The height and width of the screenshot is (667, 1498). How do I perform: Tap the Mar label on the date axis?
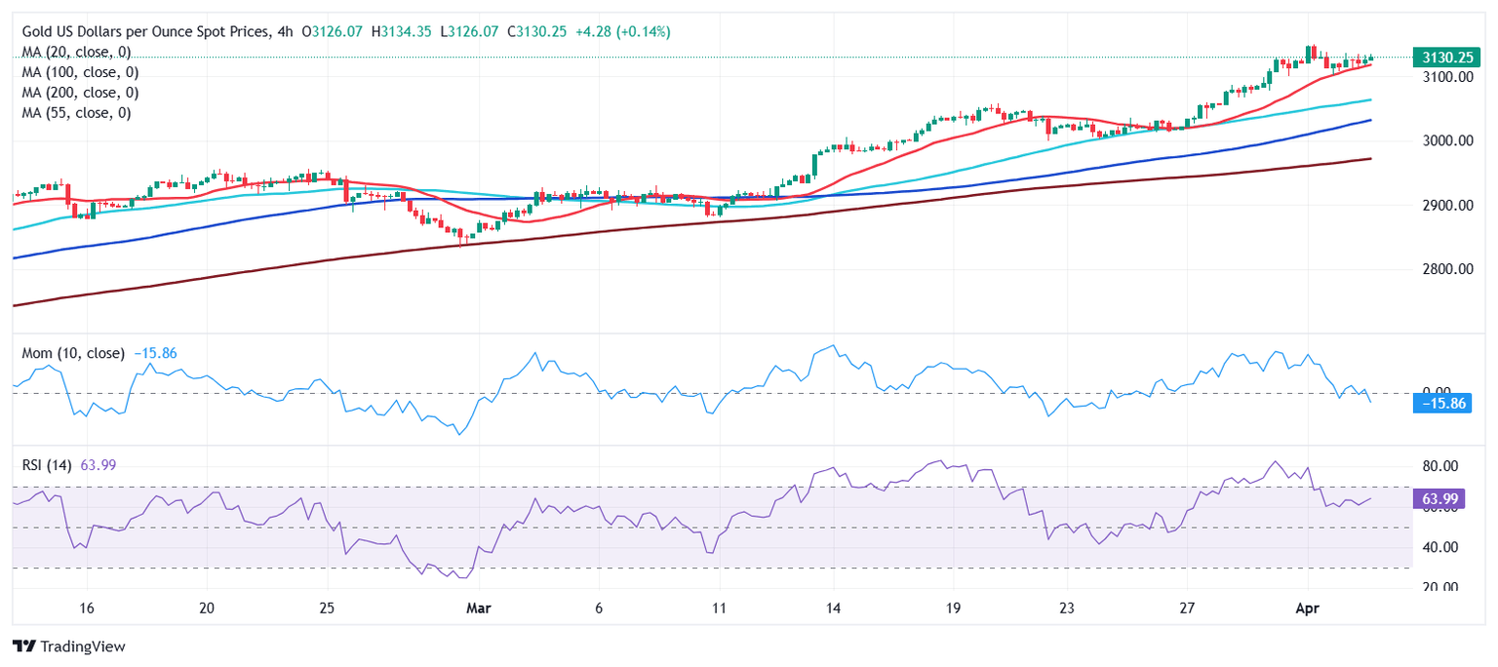479,608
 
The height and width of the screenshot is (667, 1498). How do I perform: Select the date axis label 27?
1186,608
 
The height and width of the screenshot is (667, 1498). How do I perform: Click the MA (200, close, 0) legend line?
80,93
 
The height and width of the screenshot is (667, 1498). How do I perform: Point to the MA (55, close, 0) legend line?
76,113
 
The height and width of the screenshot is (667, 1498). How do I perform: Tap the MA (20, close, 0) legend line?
76,52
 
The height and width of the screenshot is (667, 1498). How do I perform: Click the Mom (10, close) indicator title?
73,353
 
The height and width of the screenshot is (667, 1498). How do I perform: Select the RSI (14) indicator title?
49,465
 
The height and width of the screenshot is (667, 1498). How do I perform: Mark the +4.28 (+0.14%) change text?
623,32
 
